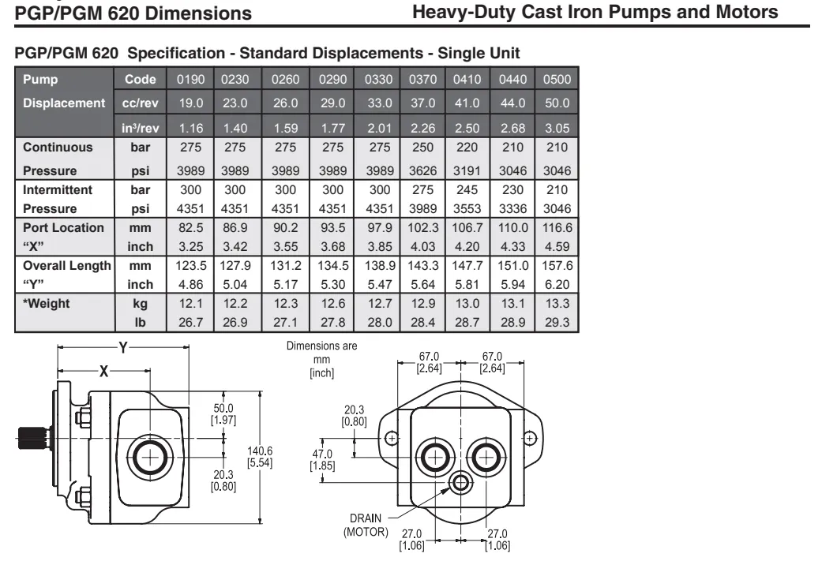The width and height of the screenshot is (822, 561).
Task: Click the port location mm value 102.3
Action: pos(418,228)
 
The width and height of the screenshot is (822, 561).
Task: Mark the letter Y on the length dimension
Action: pos(122,347)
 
